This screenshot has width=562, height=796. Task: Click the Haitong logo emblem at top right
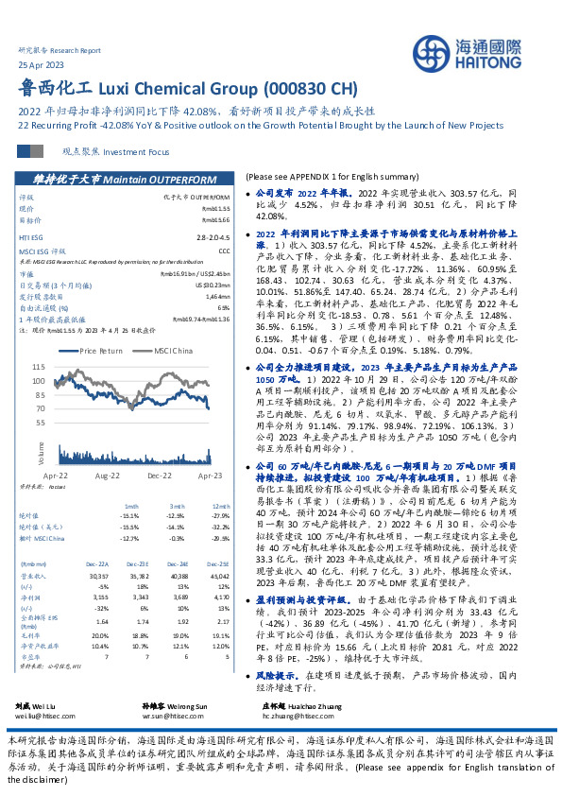443,51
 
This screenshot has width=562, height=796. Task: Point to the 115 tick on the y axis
39,365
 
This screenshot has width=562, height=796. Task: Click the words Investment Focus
137,151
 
